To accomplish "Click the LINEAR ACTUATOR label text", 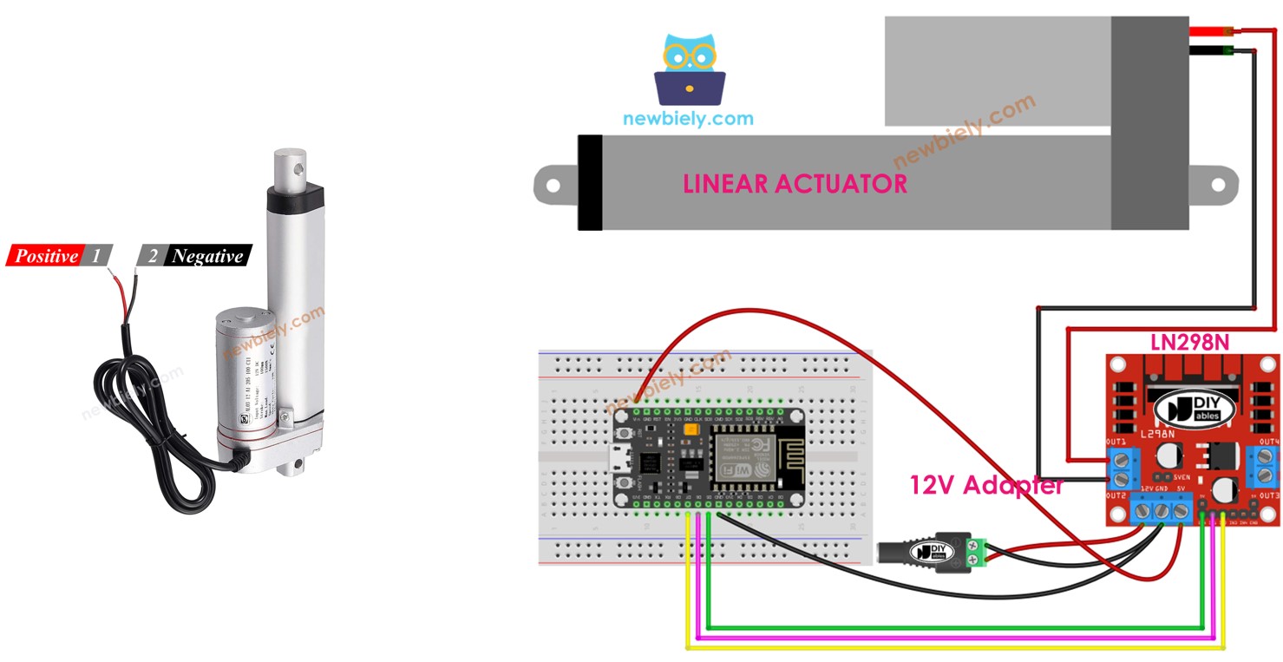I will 795,184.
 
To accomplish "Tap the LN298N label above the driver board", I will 1189,342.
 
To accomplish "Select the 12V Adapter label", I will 986,485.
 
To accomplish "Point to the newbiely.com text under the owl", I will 688,119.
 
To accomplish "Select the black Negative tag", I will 206,256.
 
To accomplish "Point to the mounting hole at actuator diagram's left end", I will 550,183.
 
